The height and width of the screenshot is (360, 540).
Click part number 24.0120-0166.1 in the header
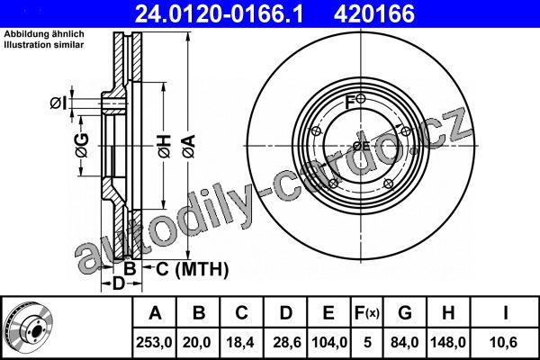pos(219,13)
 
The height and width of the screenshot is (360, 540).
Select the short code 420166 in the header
pos(374,13)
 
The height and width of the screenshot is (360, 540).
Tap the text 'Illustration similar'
pos(44,45)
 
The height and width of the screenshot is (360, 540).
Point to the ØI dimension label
pos(58,103)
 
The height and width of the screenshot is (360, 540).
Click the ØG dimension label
pos(83,146)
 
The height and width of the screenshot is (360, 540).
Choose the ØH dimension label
pos(165,147)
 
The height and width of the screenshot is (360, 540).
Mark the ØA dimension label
pos(189,147)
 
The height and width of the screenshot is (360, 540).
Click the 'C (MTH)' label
pos(193,269)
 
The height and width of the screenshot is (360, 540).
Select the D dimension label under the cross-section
pos(119,283)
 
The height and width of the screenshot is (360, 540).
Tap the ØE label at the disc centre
pos(361,146)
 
